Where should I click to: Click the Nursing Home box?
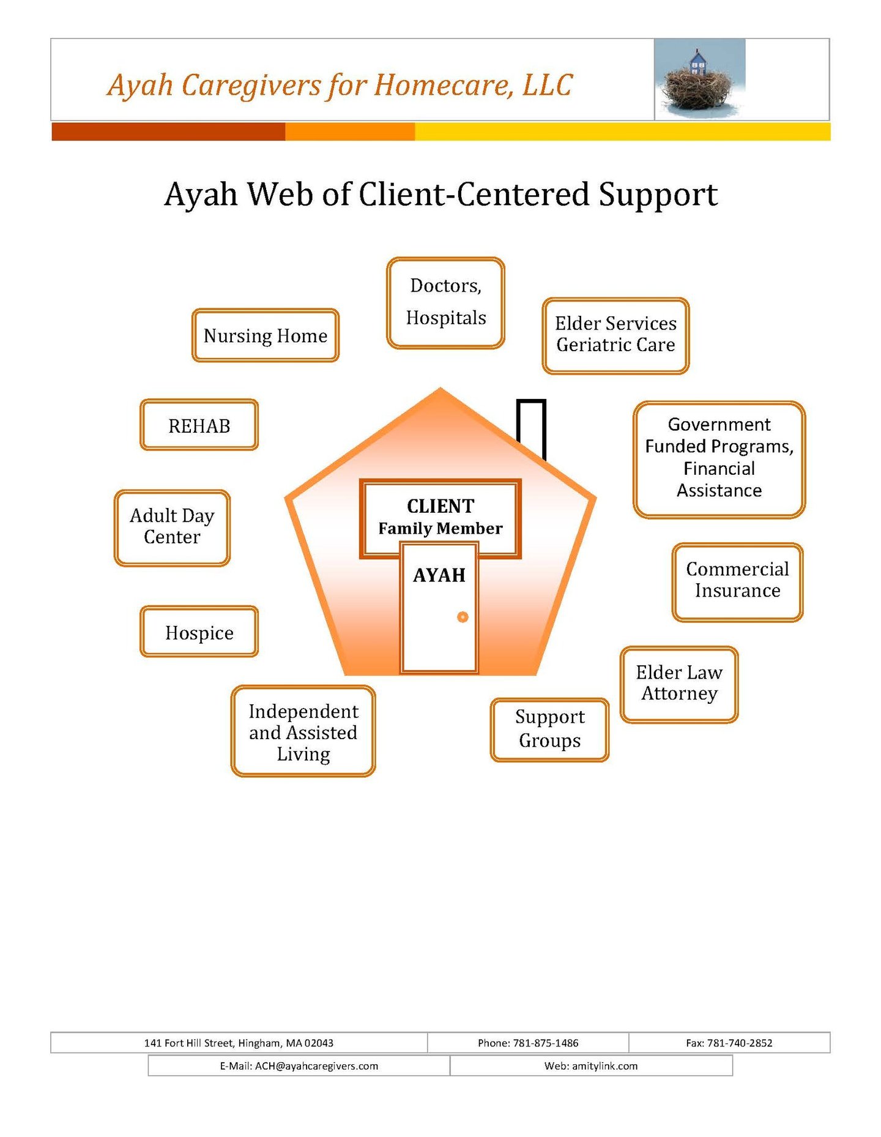[265, 335]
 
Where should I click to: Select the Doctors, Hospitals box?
[445, 303]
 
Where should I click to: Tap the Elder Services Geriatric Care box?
[615, 335]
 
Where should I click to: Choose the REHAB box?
[199, 425]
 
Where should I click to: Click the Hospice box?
[199, 632]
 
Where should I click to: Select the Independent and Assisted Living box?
[303, 731]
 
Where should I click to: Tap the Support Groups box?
[549, 729]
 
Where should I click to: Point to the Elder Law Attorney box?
[679, 684]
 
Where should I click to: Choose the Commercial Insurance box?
[737, 581]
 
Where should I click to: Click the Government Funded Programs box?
[719, 459]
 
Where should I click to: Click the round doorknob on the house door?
[463, 617]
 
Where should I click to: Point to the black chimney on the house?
[530, 425]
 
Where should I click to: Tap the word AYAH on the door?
[439, 575]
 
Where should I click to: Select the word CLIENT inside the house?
[441, 506]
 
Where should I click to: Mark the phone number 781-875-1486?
[546, 1043]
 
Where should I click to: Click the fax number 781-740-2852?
[740, 1043]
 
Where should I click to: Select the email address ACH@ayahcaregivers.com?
[316, 1066]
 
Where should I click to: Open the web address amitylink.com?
[604, 1066]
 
